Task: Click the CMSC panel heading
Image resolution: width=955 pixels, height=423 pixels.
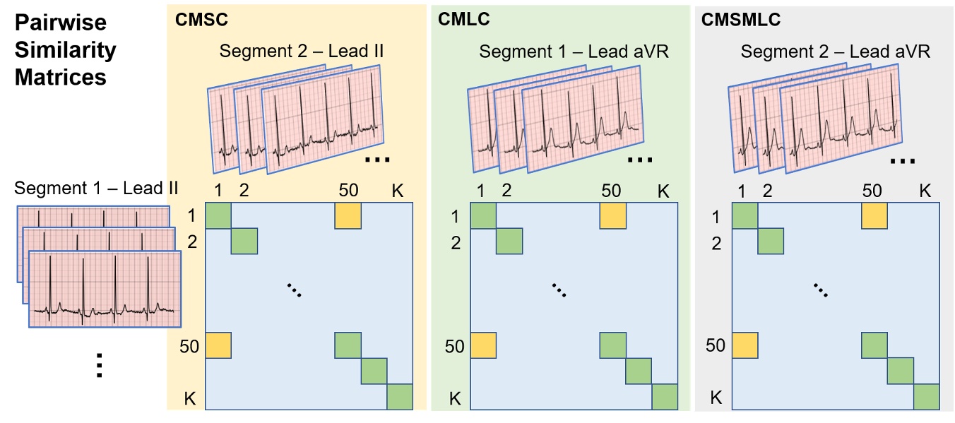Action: click(x=201, y=20)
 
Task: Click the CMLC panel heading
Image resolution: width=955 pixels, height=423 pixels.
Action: click(x=464, y=20)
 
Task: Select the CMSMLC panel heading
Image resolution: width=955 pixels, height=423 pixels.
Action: click(x=741, y=20)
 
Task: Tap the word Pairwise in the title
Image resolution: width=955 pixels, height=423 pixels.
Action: click(x=60, y=23)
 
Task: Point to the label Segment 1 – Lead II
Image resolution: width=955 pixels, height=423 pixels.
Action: click(x=96, y=189)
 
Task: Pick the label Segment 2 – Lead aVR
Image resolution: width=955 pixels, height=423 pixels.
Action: click(x=836, y=52)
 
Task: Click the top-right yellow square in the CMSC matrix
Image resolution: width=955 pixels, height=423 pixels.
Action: click(x=348, y=215)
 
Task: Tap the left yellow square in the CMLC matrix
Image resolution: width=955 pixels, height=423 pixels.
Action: click(x=483, y=345)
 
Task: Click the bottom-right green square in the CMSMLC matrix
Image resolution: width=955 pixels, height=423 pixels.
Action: click(x=926, y=397)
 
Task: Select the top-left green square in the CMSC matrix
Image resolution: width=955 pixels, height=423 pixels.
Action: click(x=218, y=215)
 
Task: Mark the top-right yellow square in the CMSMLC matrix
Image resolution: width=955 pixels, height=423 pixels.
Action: click(x=874, y=215)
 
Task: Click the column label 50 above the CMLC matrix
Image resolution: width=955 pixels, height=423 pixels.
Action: click(x=610, y=191)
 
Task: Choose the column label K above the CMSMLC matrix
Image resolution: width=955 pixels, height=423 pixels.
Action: click(x=925, y=191)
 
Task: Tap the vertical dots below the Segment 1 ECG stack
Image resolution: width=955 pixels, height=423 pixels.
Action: click(x=99, y=365)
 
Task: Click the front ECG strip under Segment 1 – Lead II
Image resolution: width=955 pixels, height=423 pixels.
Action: click(x=105, y=290)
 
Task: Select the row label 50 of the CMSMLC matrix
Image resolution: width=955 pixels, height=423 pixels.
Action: click(x=716, y=345)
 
